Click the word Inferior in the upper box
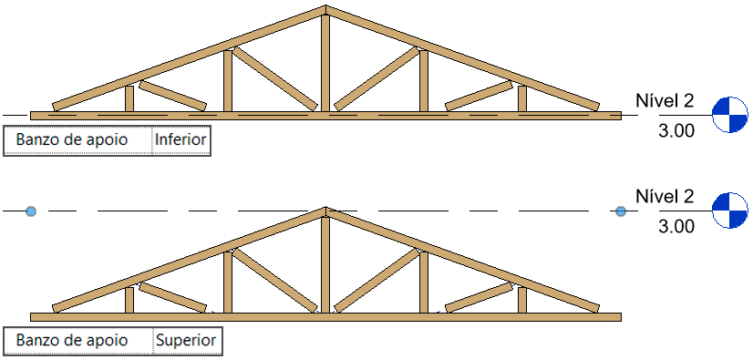click(181, 140)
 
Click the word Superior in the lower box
click(186, 341)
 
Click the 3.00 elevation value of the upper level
click(676, 130)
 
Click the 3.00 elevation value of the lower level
click(676, 226)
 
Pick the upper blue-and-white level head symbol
click(729, 115)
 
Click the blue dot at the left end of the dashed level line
click(31, 211)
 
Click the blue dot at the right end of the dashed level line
click(621, 211)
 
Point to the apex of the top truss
click(325, 9)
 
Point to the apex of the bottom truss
click(325, 211)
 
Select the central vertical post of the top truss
click(325, 64)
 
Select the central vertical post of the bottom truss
click(325, 264)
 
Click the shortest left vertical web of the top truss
click(129, 98)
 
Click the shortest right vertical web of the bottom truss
click(521, 299)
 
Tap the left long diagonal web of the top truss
click(274, 78)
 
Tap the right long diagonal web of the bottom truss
click(376, 280)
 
